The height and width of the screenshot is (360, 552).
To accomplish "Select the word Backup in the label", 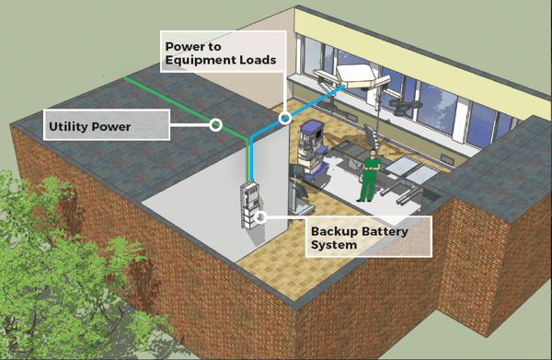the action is (x=334, y=232).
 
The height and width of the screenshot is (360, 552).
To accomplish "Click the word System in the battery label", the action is (x=334, y=245).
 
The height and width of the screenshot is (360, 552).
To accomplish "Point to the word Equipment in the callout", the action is (x=201, y=61).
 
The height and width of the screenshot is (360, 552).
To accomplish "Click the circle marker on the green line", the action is (x=215, y=124).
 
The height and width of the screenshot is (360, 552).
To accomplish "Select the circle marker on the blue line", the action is (x=285, y=118).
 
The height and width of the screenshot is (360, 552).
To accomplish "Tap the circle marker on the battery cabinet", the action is (x=259, y=217).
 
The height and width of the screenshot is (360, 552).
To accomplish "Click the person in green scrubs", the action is (x=369, y=176).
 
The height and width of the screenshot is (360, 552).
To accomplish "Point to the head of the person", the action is (x=373, y=153).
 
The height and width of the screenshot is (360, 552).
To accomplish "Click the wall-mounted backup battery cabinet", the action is (x=250, y=205).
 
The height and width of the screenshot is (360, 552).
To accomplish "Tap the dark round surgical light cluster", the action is (x=405, y=107).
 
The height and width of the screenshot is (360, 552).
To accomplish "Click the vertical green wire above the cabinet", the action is (x=248, y=160).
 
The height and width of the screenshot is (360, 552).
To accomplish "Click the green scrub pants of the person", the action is (x=367, y=190).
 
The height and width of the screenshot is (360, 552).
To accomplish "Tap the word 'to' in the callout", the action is (x=213, y=47).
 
